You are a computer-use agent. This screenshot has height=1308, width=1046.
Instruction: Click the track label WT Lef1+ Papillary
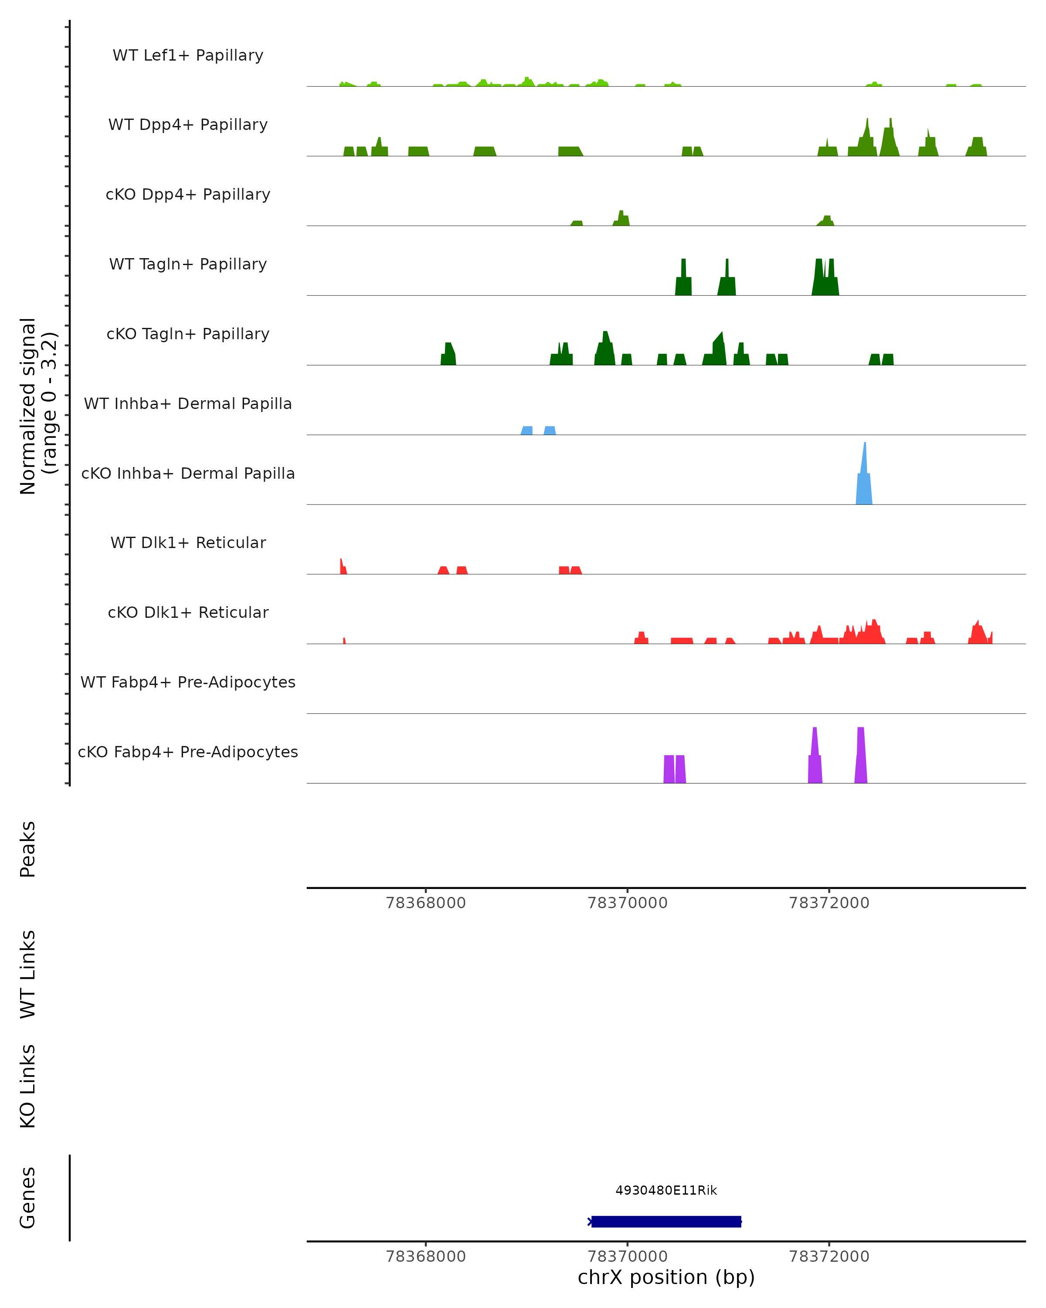tap(188, 55)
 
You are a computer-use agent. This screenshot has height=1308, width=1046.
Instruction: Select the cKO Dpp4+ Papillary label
tap(188, 195)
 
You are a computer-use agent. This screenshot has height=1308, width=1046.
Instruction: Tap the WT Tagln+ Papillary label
tap(188, 265)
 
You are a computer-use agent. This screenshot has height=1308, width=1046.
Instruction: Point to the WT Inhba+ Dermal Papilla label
tap(188, 404)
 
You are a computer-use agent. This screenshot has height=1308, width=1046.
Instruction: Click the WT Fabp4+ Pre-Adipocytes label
tap(188, 682)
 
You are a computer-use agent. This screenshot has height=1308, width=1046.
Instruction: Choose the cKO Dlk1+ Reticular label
tap(188, 613)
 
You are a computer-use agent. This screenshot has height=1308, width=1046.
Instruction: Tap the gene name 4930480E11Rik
tap(666, 1191)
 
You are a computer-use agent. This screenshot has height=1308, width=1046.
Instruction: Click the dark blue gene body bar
tap(666, 1222)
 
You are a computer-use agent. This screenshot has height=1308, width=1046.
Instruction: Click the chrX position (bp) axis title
tap(666, 1277)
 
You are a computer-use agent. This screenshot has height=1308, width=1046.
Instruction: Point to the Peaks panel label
tap(28, 849)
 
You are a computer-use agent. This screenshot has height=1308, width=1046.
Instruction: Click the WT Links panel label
tap(28, 974)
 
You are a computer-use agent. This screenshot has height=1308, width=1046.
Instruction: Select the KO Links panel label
tap(28, 1087)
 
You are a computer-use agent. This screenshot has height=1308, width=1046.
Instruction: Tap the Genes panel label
tap(28, 1198)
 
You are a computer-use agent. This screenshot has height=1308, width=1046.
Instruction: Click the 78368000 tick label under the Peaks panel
tap(426, 903)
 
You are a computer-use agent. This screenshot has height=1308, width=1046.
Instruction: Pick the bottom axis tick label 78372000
tap(829, 1257)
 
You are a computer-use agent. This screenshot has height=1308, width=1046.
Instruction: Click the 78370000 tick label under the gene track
tap(628, 1257)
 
